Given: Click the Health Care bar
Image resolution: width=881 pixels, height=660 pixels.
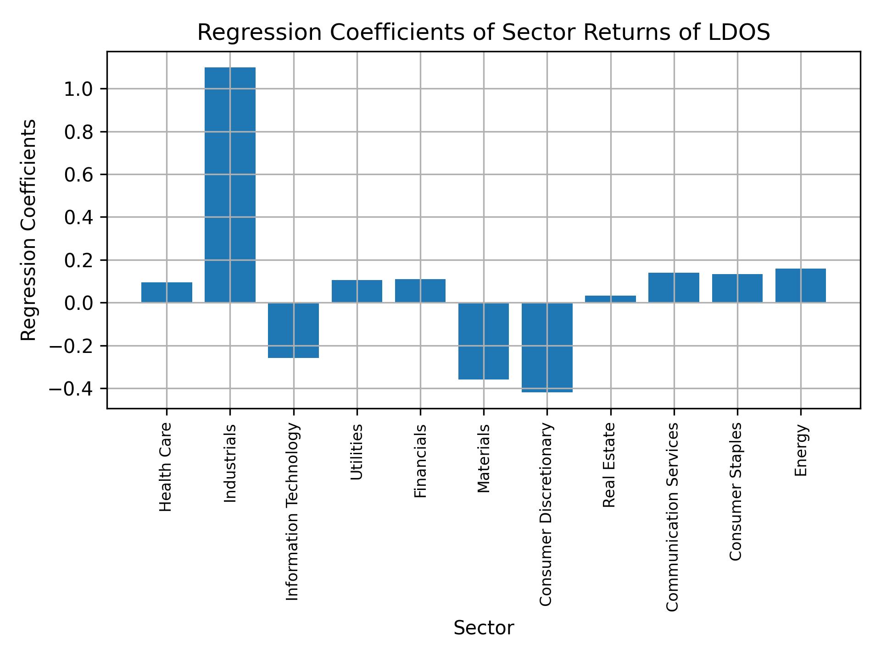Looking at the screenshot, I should click(x=167, y=292).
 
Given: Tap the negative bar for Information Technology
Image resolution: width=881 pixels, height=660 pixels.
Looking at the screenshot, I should click(x=293, y=330).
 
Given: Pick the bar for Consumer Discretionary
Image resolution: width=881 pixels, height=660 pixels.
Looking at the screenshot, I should click(x=547, y=347).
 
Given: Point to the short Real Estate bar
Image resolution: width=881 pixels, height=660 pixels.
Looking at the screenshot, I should click(x=610, y=299).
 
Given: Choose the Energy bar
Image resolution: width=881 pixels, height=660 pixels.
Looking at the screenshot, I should click(x=800, y=286).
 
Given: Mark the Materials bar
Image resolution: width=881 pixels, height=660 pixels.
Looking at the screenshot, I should click(x=484, y=341).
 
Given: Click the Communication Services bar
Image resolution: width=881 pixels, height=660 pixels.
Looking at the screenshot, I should click(x=674, y=287).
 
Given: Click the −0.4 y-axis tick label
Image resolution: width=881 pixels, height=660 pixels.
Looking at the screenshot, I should click(x=72, y=389).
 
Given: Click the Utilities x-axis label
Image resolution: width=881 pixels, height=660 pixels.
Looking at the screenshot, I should click(x=357, y=452).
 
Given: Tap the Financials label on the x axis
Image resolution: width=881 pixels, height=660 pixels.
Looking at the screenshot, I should click(x=420, y=461).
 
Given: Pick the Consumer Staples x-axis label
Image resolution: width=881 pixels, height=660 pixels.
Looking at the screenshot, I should click(x=736, y=491).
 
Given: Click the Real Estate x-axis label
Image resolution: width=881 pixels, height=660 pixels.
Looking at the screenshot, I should click(x=609, y=465).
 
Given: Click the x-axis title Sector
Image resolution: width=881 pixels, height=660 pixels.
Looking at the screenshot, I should click(x=484, y=628).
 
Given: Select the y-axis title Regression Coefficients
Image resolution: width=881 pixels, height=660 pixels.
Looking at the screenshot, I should click(x=29, y=230).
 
